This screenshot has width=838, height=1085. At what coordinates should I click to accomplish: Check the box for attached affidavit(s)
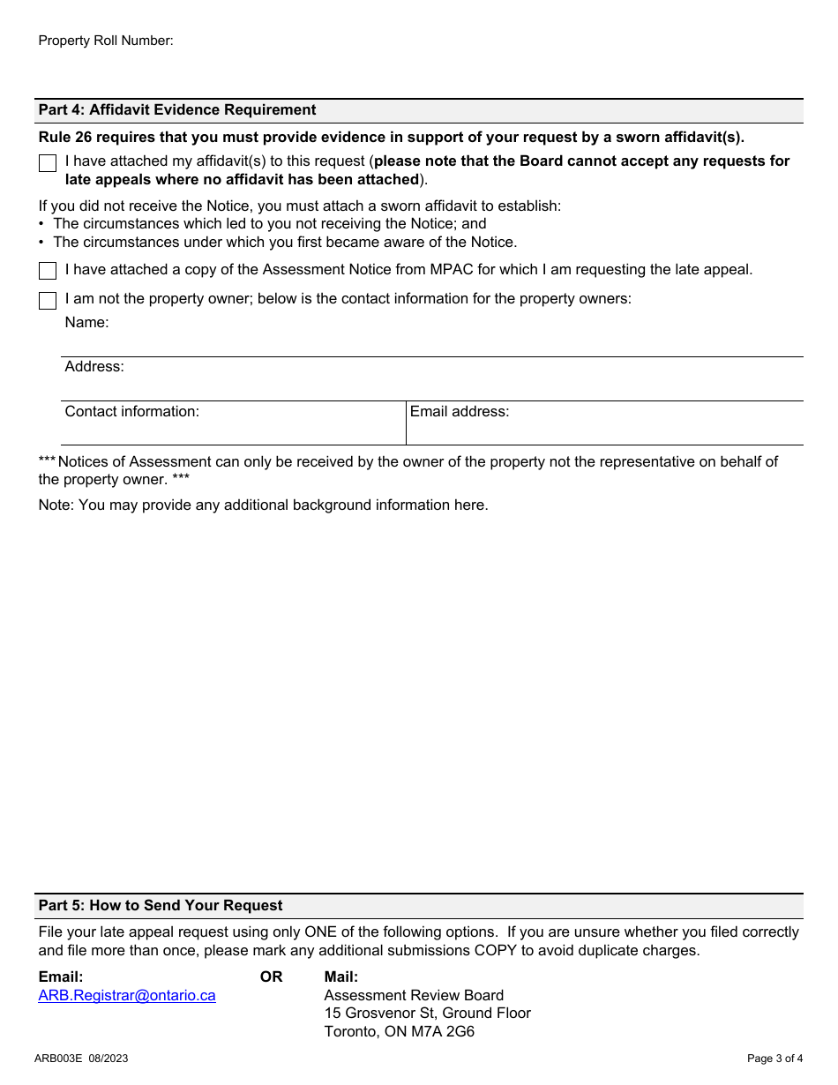tap(48, 163)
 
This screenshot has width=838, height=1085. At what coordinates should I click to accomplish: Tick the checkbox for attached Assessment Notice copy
tap(48, 271)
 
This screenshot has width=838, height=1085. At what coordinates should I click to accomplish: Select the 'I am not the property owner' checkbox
tap(48, 301)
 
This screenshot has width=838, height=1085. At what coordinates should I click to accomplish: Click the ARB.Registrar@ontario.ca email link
tap(127, 995)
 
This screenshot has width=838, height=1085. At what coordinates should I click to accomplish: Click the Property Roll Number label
tap(106, 41)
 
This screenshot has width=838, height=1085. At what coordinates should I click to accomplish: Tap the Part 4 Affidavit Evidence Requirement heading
tap(176, 110)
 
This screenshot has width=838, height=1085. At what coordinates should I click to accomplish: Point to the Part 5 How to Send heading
tap(161, 906)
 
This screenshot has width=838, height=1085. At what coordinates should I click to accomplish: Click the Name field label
tap(86, 323)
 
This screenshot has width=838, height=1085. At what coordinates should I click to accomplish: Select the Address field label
tap(94, 367)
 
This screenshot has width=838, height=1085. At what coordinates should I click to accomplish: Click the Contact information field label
tap(132, 411)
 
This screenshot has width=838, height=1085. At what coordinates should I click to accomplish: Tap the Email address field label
tap(460, 411)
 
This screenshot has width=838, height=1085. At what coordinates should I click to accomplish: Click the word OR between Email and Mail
tap(271, 976)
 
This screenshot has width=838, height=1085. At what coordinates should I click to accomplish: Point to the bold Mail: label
tap(341, 976)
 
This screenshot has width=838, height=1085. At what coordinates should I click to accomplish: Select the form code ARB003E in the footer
tap(58, 1059)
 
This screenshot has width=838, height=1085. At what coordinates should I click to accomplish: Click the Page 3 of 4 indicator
tap(774, 1059)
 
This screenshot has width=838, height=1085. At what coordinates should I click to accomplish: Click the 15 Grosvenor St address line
tap(427, 1013)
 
